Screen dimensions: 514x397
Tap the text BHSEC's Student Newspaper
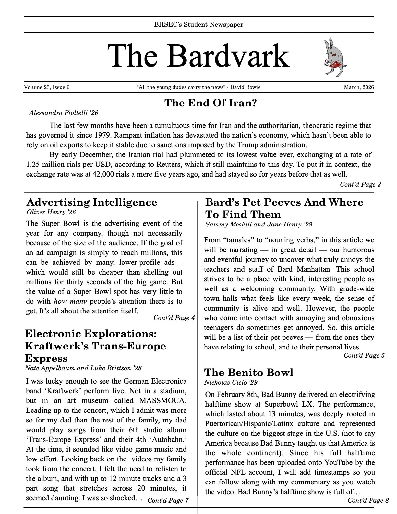[x=198, y=24]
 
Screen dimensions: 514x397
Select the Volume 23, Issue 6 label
[x=47, y=87]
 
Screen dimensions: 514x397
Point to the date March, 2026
[x=359, y=87]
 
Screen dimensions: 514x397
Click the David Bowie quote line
[x=198, y=87]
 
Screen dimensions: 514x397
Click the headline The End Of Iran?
[x=211, y=103]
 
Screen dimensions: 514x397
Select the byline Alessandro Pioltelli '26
[x=64, y=113]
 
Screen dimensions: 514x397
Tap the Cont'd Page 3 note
[x=360, y=184]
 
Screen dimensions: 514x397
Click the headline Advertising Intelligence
[x=91, y=202]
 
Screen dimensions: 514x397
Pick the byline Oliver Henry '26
[x=51, y=212]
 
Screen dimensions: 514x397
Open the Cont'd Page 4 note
[x=174, y=318]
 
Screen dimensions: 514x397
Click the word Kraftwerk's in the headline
[x=57, y=346]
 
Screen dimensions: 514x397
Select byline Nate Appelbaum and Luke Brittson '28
[x=83, y=368]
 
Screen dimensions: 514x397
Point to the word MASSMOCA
[x=163, y=400]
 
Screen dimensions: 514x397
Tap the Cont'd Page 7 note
[x=168, y=500]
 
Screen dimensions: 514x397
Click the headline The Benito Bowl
[x=249, y=372]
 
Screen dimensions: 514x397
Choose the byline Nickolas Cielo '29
[x=231, y=382]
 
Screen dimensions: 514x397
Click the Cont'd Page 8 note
[x=368, y=500]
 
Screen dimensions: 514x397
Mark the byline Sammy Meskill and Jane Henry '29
[x=259, y=224]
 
